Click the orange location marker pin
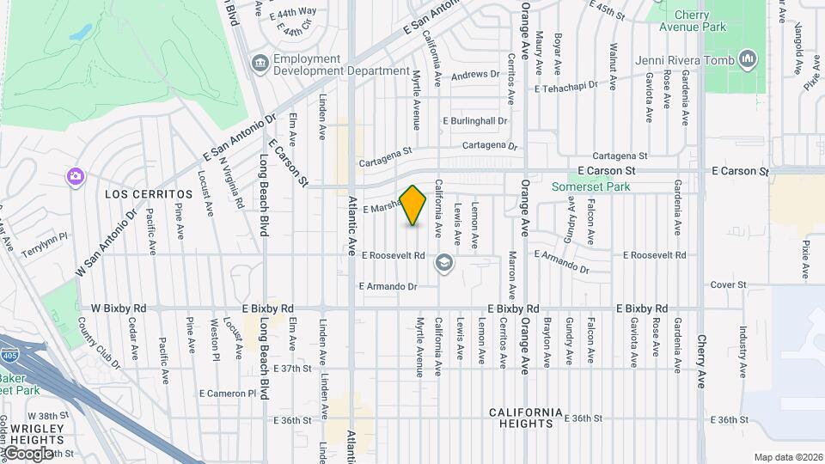(x=413, y=205)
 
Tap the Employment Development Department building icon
(x=259, y=64)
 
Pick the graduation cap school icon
(x=443, y=262)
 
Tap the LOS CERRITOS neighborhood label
(x=140, y=195)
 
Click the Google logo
(x=27, y=453)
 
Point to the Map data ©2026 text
(x=787, y=457)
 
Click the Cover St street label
(x=727, y=284)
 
